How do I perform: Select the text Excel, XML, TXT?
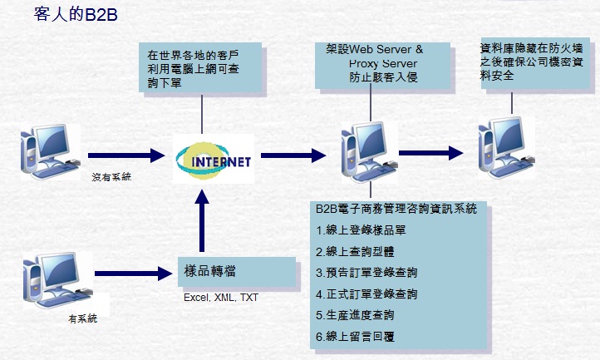(x=220, y=297)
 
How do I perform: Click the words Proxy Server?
(x=382, y=63)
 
